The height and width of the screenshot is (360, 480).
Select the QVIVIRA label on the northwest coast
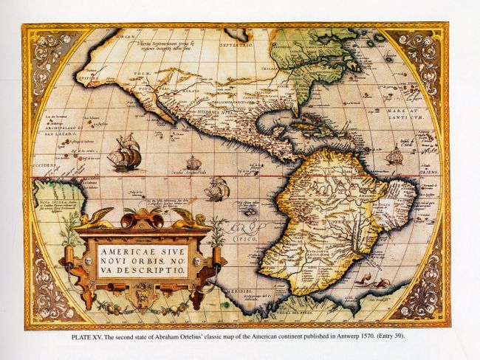87,75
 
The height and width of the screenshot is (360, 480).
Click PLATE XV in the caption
91,337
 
